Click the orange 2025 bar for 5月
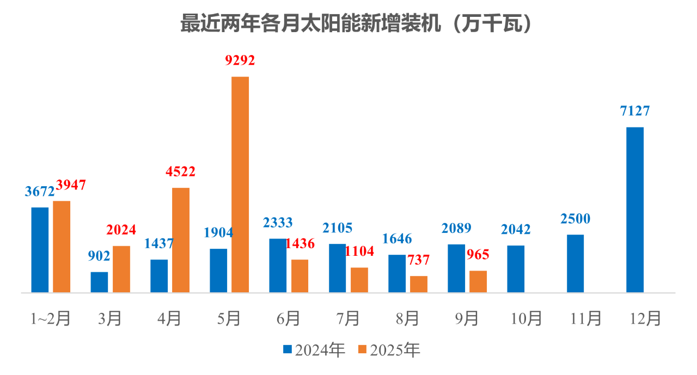[240, 185]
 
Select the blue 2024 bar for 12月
[635, 210]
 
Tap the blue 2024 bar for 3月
[99, 282]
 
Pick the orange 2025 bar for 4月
[181, 240]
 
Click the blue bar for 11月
[575, 263]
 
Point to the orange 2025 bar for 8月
[419, 284]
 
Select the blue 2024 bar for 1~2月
[40, 250]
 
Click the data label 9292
[240, 60]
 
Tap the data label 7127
[635, 111]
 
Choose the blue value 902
[99, 256]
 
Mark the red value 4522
[181, 172]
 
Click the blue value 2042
[516, 229]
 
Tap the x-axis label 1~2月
[50, 318]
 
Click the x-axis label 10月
[526, 318]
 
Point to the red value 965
[478, 254]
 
